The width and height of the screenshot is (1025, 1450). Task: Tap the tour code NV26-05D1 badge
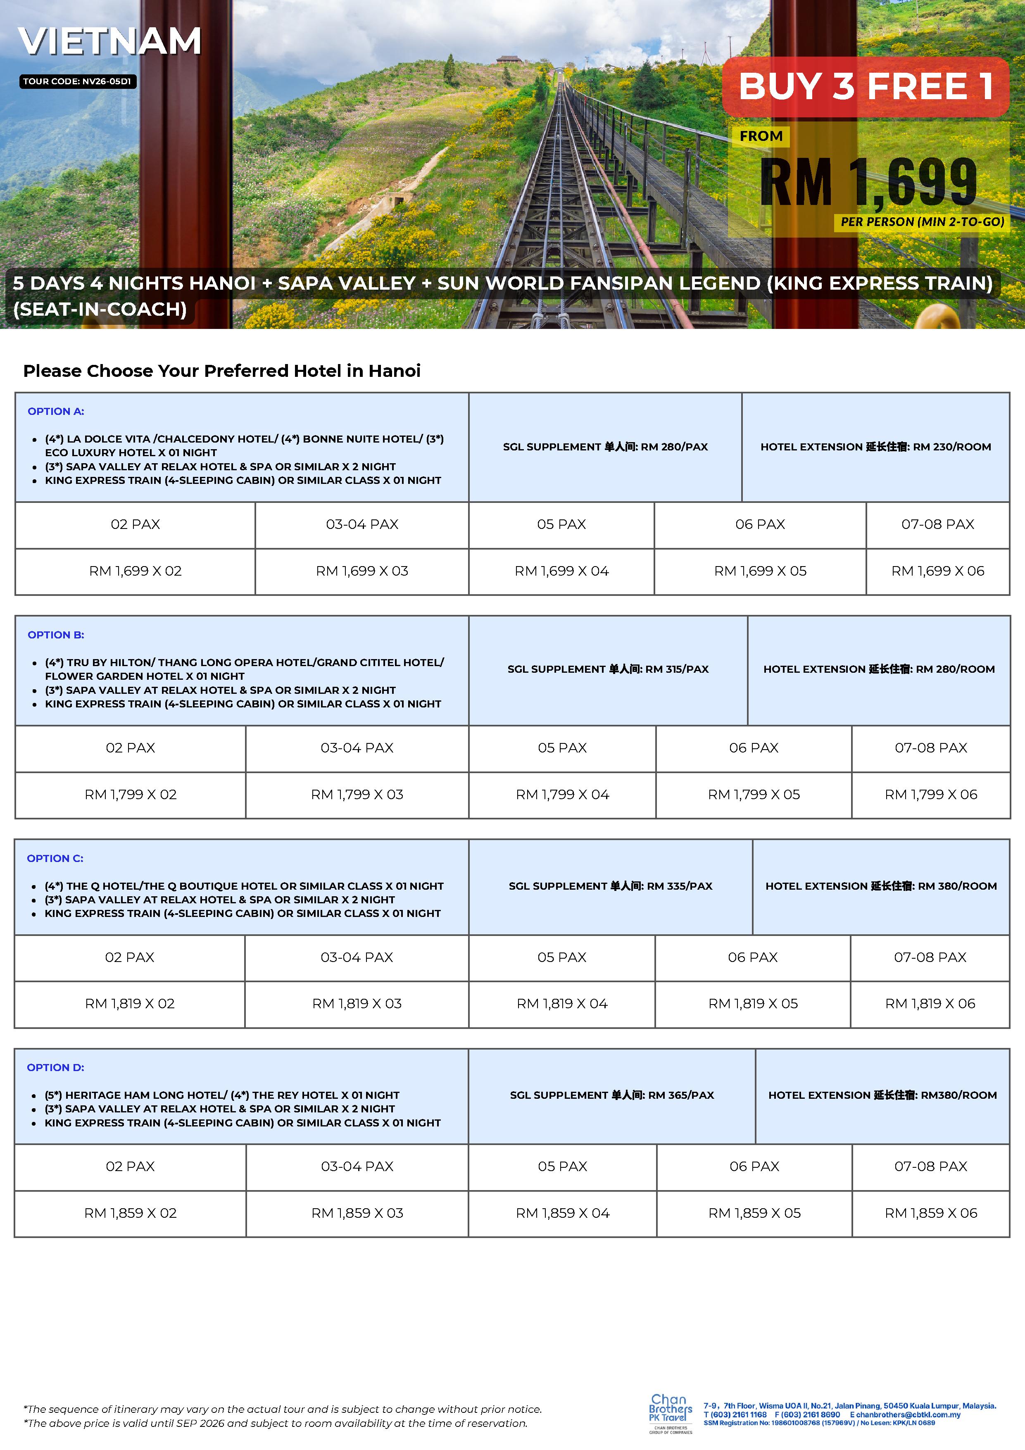point(78,81)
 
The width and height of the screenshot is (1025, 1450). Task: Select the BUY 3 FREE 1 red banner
point(865,86)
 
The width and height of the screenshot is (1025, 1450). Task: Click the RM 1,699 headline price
point(868,183)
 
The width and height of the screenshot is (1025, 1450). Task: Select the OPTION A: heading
point(56,411)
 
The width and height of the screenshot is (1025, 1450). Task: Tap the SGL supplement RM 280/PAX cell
point(605,447)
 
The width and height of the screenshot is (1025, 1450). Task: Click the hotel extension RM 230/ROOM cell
point(875,447)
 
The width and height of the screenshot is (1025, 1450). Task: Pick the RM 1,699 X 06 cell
point(937,571)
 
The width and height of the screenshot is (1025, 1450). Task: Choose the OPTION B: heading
point(56,635)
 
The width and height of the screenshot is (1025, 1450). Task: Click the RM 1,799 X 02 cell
point(130,795)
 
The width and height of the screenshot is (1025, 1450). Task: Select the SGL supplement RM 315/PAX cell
point(608,669)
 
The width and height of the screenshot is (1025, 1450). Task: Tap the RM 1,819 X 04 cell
point(561,1003)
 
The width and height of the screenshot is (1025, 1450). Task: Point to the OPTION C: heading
point(55,858)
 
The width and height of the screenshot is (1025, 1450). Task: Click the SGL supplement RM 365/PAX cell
point(611,1095)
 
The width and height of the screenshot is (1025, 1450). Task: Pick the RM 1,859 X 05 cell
point(754,1213)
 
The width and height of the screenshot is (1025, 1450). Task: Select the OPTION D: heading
point(55,1067)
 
